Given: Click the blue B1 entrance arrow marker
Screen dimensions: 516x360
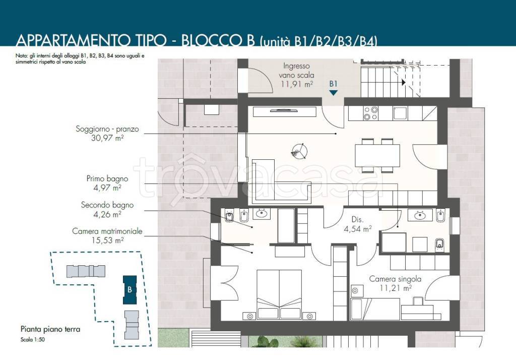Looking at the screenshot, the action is click(x=334, y=93).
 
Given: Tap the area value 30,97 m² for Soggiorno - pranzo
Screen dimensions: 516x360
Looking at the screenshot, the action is click(x=107, y=138).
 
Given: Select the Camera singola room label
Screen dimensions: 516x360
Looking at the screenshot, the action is click(x=395, y=279).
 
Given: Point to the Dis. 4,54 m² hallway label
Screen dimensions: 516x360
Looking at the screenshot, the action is click(x=358, y=224).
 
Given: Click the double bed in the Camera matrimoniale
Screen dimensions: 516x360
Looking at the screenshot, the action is click(x=279, y=294).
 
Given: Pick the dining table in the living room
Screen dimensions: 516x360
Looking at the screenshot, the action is click(x=377, y=155).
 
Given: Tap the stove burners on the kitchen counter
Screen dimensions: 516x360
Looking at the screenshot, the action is click(x=370, y=113).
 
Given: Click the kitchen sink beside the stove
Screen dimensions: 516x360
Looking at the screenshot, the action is click(x=400, y=113).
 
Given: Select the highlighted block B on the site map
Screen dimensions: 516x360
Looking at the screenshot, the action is click(x=130, y=290).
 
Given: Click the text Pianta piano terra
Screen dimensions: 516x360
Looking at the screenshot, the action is click(x=50, y=329).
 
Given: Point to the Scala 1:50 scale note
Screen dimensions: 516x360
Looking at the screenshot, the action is click(x=33, y=339).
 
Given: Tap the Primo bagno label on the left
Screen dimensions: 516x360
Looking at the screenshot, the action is click(x=107, y=179).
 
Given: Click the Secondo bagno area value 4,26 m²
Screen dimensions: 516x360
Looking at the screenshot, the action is click(x=107, y=214).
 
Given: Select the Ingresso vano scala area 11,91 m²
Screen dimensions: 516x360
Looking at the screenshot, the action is click(x=296, y=84).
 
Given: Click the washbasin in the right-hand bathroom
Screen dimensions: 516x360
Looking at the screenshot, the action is click(x=419, y=216).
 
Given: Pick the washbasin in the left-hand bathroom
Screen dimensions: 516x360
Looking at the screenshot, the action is click(x=262, y=214).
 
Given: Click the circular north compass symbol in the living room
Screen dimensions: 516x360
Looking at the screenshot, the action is click(x=299, y=152).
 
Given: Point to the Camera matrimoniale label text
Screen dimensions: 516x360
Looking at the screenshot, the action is click(x=107, y=231).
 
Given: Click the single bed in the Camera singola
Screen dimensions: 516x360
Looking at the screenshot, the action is click(x=375, y=309).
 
